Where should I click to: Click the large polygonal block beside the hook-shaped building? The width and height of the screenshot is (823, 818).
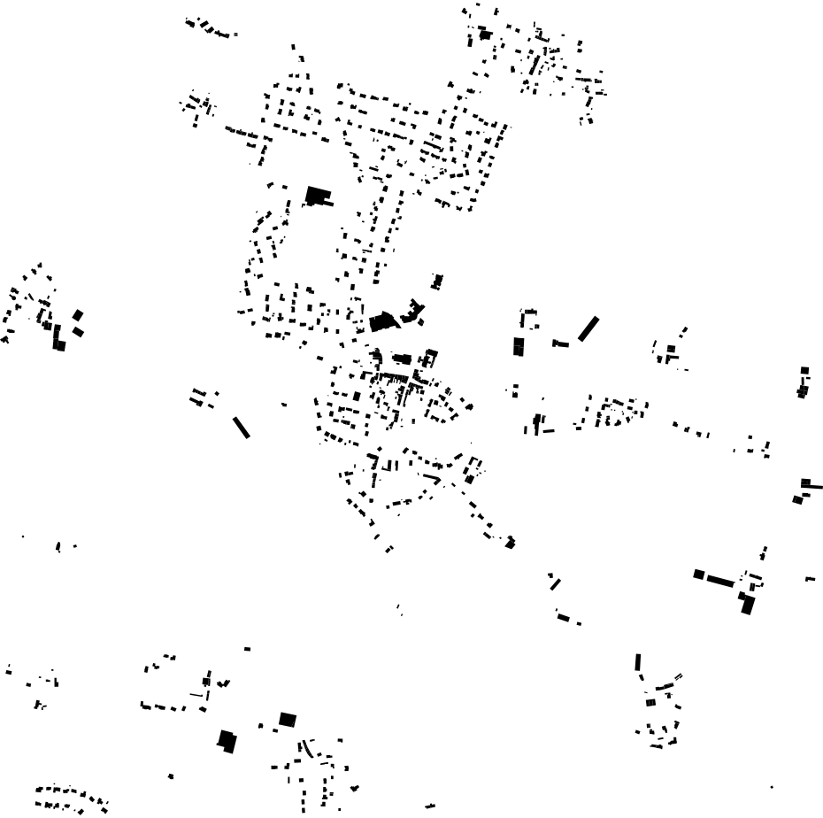click(x=381, y=320)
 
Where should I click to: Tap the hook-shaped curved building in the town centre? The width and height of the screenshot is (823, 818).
click(x=412, y=313)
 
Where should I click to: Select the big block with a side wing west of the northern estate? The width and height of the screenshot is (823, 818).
click(x=316, y=196)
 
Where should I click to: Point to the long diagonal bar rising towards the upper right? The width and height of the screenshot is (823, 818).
click(x=588, y=328)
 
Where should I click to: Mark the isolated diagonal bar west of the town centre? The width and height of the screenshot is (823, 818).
click(x=241, y=427)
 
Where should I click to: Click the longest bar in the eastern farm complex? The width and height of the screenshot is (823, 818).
click(x=720, y=582)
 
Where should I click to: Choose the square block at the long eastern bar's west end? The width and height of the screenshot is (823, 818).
click(x=699, y=575)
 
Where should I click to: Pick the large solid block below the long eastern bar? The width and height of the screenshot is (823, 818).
click(x=747, y=605)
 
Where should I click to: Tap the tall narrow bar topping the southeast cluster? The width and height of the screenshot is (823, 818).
click(x=637, y=662)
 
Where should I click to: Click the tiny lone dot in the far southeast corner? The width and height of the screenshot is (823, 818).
click(x=772, y=787)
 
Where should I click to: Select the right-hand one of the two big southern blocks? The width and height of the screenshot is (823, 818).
click(x=287, y=720)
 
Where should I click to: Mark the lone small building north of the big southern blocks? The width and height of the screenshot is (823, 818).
click(x=247, y=649)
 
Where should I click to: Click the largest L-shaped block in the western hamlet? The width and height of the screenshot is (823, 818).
click(x=59, y=338)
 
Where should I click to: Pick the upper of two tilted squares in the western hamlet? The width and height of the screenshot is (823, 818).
click(x=77, y=315)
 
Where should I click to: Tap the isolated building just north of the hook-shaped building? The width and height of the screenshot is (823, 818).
click(x=436, y=282)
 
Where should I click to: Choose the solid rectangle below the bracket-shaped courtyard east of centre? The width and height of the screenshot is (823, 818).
click(x=519, y=346)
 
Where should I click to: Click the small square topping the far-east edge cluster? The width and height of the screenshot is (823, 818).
click(x=804, y=370)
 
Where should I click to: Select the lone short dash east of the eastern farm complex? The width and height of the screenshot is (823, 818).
click(x=810, y=579)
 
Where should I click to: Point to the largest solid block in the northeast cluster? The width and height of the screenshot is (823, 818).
click(x=484, y=35)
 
